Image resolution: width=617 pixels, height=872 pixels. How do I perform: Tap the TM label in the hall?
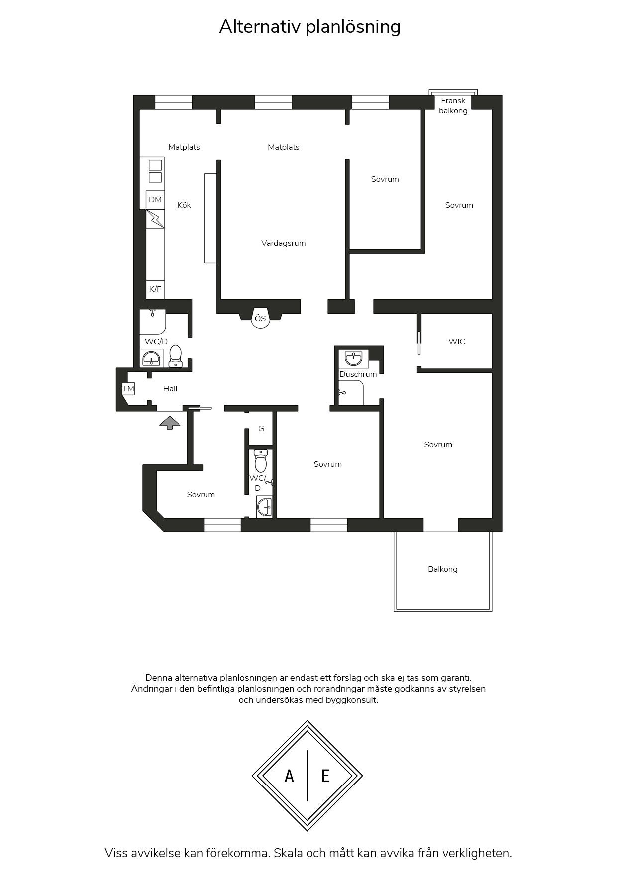pos(128,389)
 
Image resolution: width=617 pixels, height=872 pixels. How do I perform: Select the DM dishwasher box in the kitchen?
pos(155,200)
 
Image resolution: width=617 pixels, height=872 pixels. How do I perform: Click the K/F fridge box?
pos(155,289)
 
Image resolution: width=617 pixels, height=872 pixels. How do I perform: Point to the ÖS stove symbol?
pos(260,318)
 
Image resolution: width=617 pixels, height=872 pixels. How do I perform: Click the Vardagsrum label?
pos(284,243)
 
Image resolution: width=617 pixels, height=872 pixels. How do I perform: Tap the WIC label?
pos(457,342)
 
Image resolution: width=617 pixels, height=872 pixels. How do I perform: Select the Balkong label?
pos(443,569)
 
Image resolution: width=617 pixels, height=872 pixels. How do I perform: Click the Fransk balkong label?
pos(453,106)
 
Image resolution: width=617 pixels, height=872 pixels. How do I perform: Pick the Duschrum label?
pos(358,374)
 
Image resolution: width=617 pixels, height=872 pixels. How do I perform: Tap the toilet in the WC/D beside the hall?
pos(176,356)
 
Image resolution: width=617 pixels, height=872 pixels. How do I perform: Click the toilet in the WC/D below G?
pos(261,461)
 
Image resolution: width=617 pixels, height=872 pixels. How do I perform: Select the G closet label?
pos(261,429)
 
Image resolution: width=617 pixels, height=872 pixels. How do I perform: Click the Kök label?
pos(184,205)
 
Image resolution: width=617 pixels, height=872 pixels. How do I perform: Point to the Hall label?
pos(170,389)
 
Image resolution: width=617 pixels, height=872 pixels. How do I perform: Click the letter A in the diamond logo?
pos(289,776)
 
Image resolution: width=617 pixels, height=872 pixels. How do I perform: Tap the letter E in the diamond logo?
pos(325,776)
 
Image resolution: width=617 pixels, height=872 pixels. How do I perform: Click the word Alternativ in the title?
pos(260,26)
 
